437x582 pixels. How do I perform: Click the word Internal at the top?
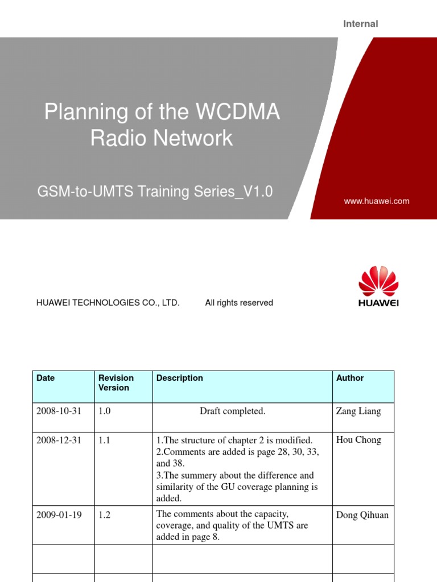pos(360,24)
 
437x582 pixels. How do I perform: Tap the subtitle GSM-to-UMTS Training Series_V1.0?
pos(155,192)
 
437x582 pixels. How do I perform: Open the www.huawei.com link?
pos(377,201)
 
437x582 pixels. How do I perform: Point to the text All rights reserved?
pos(239,303)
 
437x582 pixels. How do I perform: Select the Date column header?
pos(46,378)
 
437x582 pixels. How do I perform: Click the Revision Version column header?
pos(116,383)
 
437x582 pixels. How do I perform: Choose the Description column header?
pos(179,378)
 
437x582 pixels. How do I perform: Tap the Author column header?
pos(350,378)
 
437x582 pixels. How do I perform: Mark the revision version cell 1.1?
pos(105,440)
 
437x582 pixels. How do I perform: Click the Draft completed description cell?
pos(232,411)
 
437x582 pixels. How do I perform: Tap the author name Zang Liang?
pos(358,411)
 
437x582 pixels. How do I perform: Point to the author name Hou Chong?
pos(358,440)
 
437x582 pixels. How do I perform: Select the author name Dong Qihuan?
pos(362,515)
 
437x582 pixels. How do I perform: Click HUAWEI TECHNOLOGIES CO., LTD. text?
pos(108,303)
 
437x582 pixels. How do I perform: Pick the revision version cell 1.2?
pos(105,515)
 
